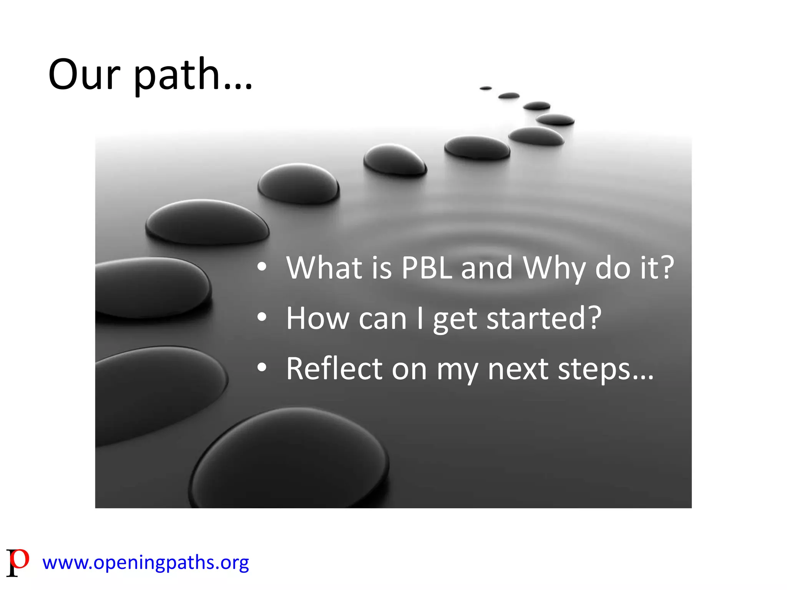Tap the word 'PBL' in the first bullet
pos(427,268)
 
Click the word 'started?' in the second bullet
pos(544,318)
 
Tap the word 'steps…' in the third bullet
pos(606,370)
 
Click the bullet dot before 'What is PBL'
pos(262,267)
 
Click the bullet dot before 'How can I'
pos(262,317)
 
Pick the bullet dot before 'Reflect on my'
pos(262,368)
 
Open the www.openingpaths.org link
pos(146,563)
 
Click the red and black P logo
pos(18,562)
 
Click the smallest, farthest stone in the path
pos(486,88)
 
